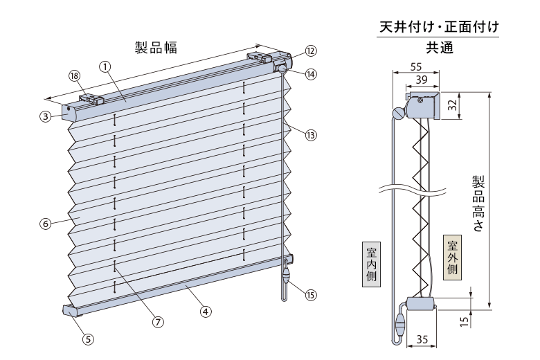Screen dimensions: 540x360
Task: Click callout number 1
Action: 105,66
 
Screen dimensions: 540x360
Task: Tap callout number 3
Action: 45,116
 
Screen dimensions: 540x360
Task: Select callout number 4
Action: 206,312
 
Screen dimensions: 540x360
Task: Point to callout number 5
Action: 88,339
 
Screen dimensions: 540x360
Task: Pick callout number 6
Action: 46,224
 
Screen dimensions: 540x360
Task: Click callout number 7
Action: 158,322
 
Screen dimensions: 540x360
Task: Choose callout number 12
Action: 311,51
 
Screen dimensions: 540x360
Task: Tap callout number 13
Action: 311,135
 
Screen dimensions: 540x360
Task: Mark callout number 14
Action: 311,73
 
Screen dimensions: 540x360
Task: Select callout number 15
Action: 311,295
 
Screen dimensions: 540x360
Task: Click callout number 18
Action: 74,75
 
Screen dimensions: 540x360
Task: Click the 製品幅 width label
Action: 156,48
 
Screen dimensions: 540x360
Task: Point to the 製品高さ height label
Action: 478,204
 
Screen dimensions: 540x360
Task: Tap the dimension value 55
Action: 416,66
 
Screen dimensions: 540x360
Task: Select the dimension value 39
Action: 422,80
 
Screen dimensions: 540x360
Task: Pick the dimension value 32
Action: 452,105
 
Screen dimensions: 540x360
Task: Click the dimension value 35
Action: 422,339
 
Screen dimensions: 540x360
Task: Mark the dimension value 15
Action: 465,321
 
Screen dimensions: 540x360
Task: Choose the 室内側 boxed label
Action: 371,264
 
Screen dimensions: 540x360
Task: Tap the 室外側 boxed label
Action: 452,257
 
